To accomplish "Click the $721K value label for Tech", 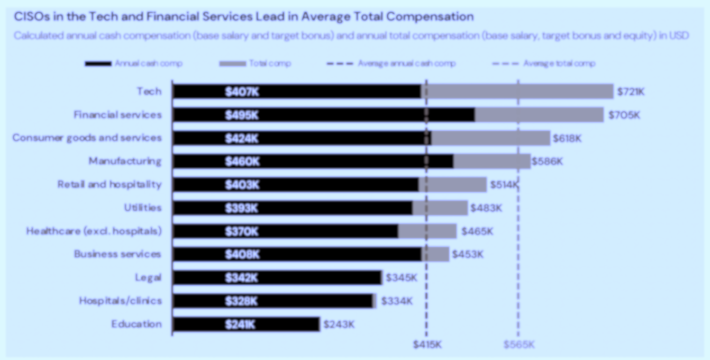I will coord(631,92).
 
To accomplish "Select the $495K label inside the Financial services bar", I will coord(242,115).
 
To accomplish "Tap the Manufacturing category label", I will coord(125,161).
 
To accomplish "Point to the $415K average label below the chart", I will coord(427,345).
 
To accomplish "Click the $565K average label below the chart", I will coord(518,345).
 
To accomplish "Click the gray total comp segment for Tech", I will coord(518,92).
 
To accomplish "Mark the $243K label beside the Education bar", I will coord(339,324).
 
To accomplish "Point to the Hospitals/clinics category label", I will coord(120,301).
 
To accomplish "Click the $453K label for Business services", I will coord(468,254).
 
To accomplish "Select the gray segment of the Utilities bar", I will coord(440,208).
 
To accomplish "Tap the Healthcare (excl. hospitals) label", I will coord(94,231).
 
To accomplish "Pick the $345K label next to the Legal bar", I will coord(401,277).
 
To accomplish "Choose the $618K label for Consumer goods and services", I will coord(567,138).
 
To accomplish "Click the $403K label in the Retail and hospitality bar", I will coord(242,184).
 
